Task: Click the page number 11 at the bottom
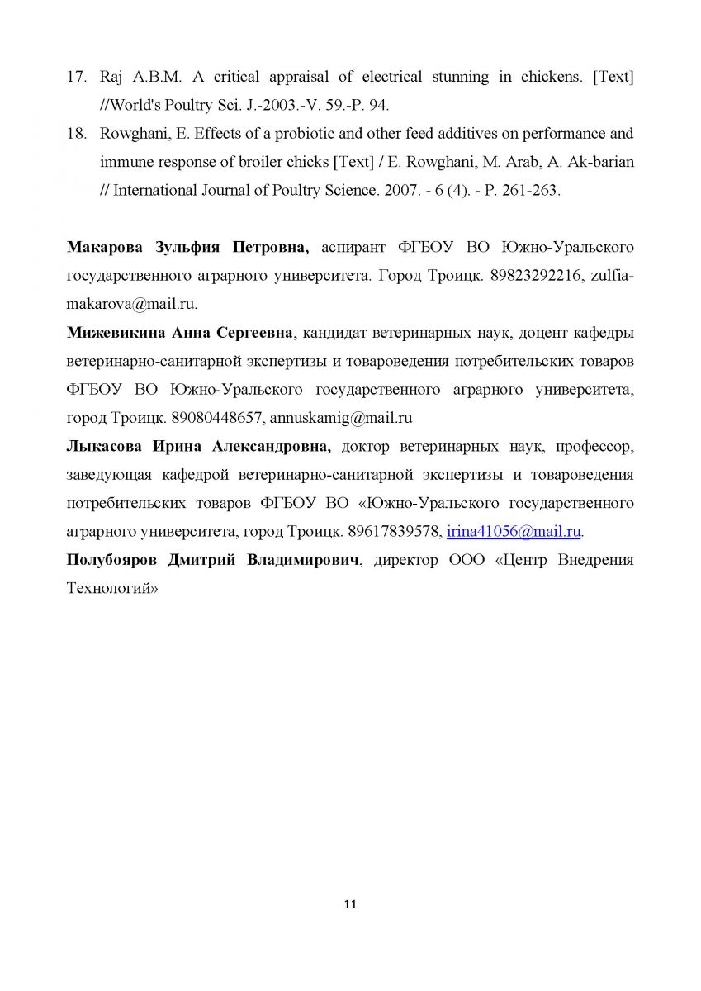pyautogui.click(x=350, y=904)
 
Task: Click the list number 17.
pyautogui.click(x=77, y=78)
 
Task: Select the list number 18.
pyautogui.click(x=77, y=134)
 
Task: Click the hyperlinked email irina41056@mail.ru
pyautogui.click(x=514, y=531)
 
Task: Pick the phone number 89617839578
pyautogui.click(x=390, y=531)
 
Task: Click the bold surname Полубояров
pyautogui.click(x=112, y=560)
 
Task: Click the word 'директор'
pyautogui.click(x=405, y=560)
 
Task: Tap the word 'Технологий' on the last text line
pyautogui.click(x=111, y=589)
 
